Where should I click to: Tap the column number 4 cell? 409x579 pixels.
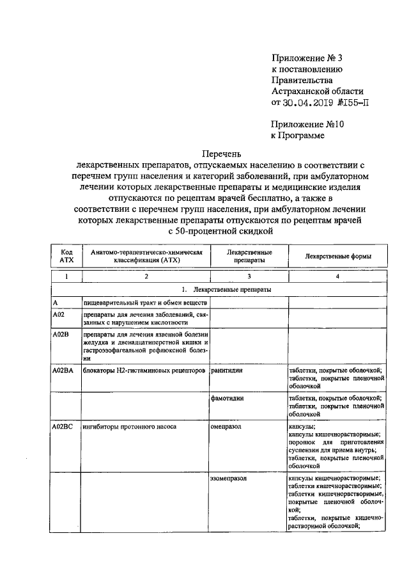(338, 276)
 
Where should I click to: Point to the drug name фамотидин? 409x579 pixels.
(229, 398)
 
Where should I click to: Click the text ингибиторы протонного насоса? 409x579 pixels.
(128, 425)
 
